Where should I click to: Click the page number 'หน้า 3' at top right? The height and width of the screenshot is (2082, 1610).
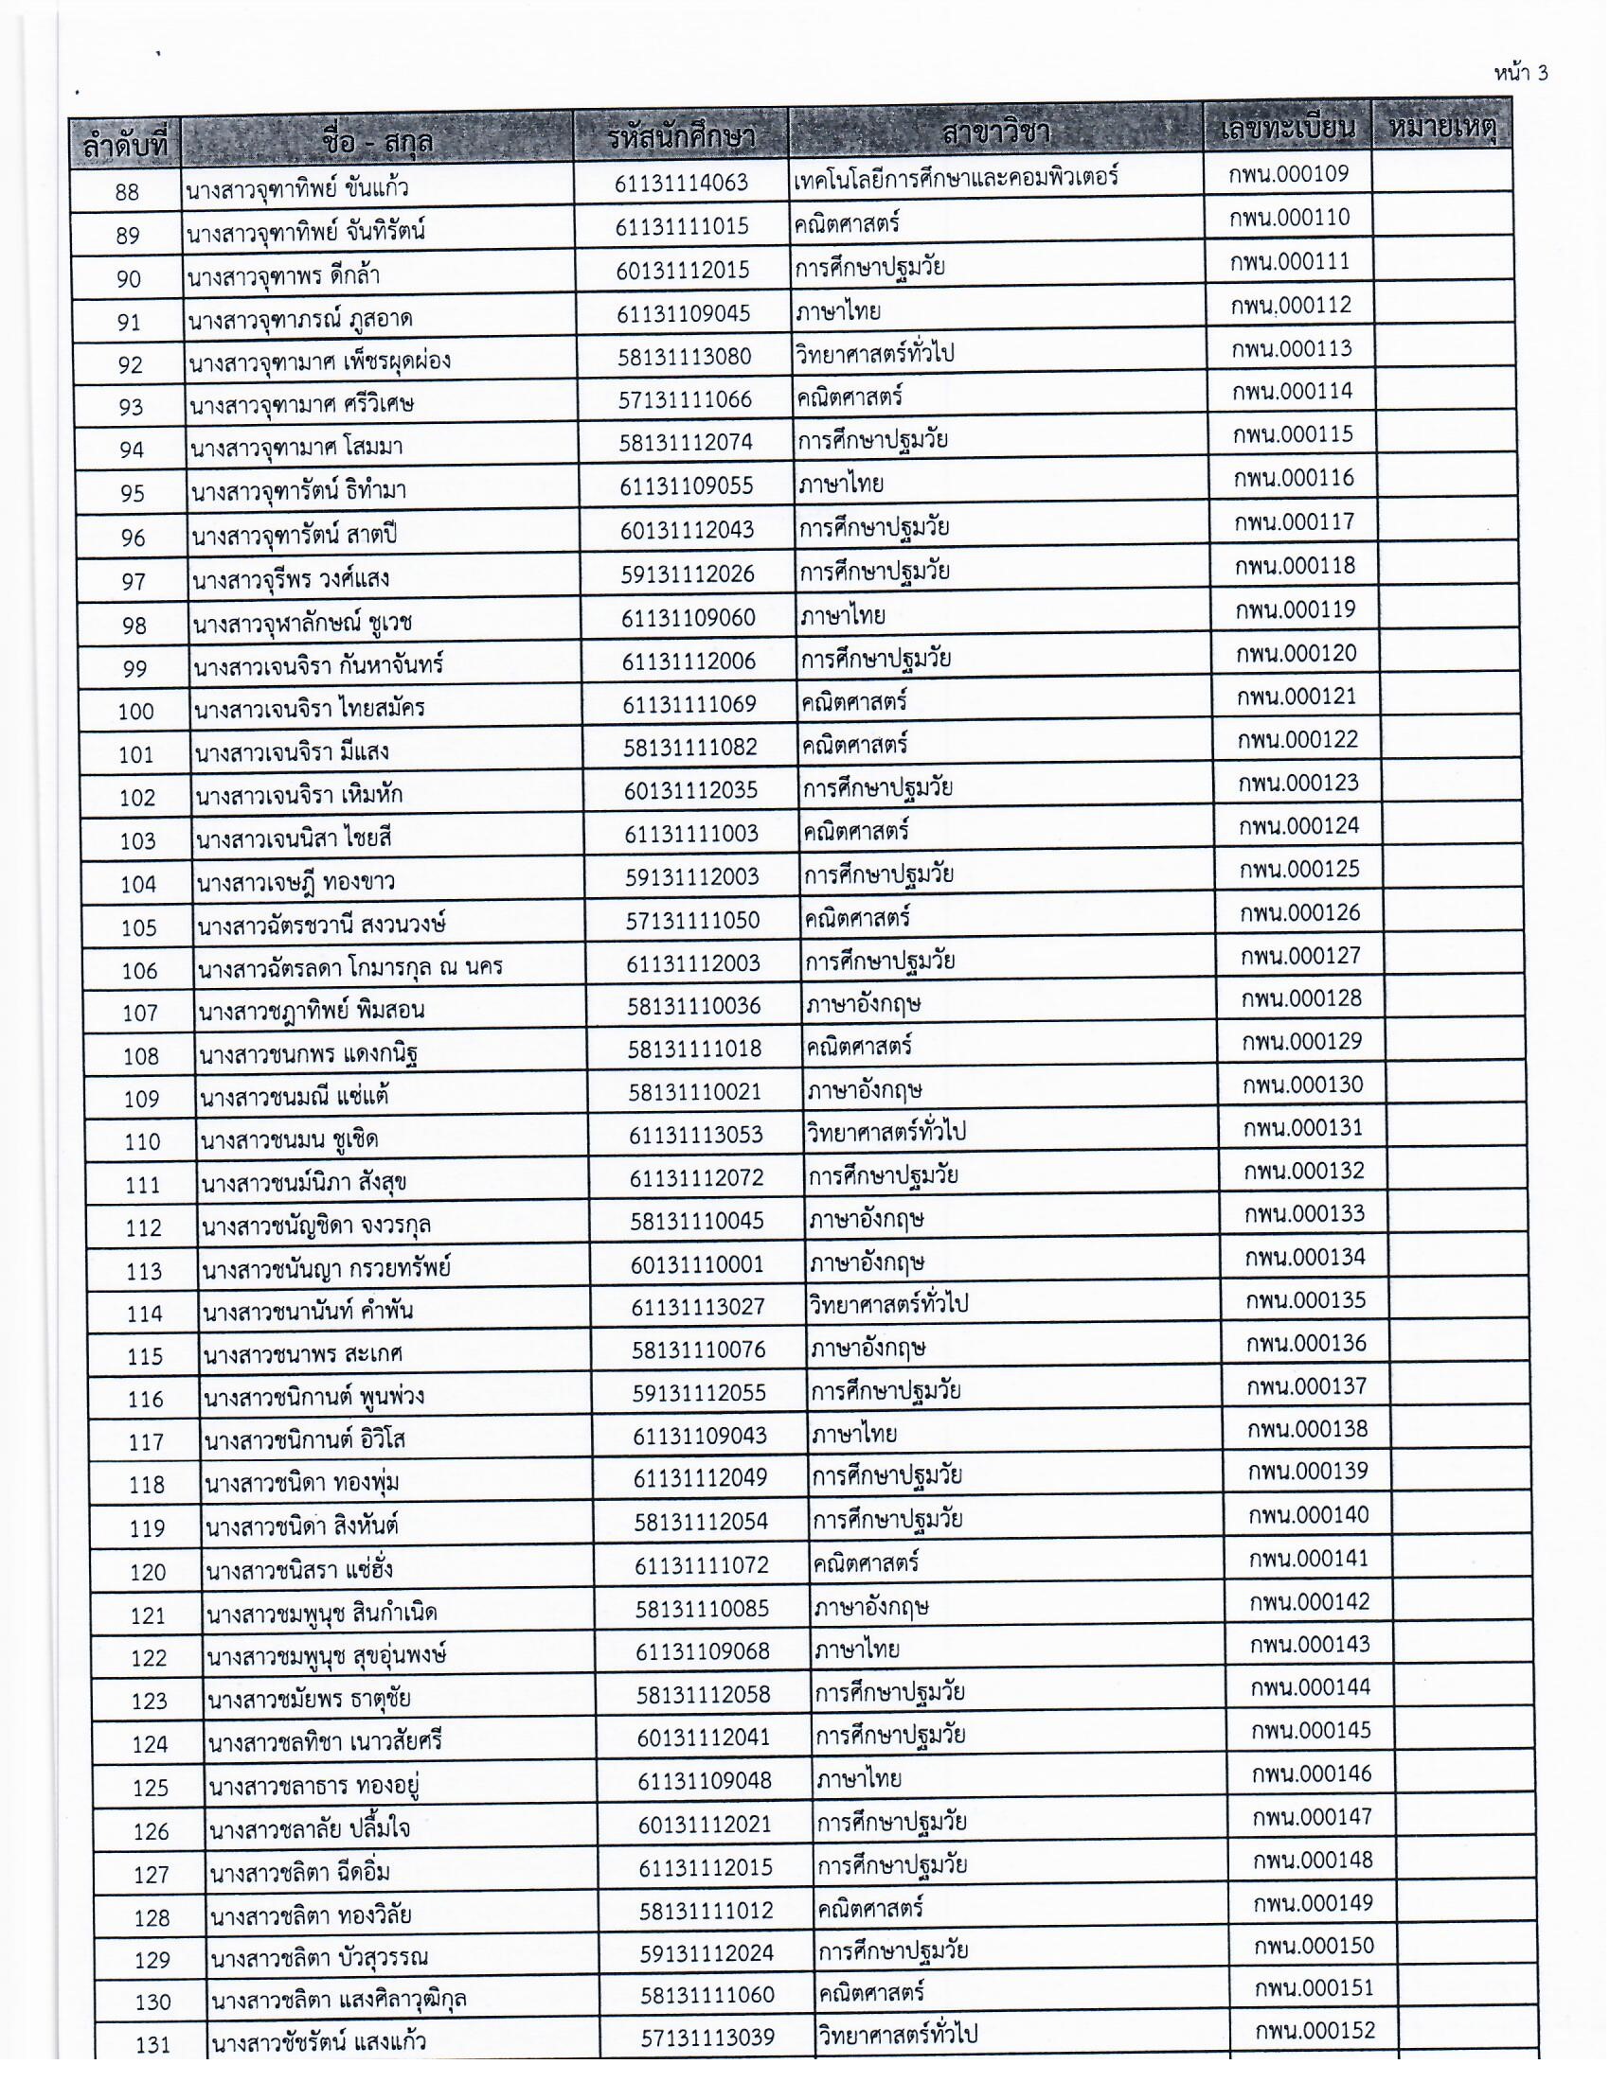point(1520,74)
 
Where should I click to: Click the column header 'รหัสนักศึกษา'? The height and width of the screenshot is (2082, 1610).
point(680,138)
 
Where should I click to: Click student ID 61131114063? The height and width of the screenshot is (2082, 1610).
point(681,183)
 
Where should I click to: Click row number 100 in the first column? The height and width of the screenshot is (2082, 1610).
point(135,711)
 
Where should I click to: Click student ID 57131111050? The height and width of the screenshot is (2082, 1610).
point(692,920)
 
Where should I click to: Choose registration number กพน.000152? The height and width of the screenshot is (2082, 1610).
point(1315,2031)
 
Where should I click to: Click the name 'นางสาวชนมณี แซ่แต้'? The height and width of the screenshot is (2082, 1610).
point(295,1097)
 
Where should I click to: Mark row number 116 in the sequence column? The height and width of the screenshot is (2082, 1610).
point(145,1400)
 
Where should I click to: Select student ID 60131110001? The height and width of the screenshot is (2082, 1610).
point(696,1264)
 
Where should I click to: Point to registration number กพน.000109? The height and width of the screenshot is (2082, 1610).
point(1289,173)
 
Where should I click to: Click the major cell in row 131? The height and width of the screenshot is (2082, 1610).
point(897,2036)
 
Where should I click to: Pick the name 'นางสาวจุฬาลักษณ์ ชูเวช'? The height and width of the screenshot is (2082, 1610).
point(302,624)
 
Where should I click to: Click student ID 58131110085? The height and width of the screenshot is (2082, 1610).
point(702,1609)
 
